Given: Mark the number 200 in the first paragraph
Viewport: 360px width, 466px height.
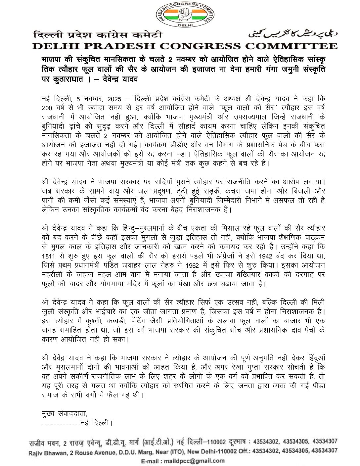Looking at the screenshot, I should (x=48, y=108).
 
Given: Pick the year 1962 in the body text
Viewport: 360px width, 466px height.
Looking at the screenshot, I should (x=192, y=265).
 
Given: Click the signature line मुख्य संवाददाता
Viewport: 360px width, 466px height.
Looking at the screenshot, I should (x=65, y=414).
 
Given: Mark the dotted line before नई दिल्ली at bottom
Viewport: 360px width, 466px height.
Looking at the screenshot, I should (x=61, y=423).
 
